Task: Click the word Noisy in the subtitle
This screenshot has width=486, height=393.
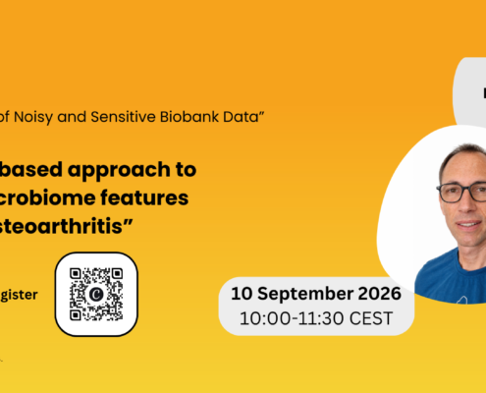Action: click(x=33, y=117)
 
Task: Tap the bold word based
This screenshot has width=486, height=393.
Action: click(x=30, y=169)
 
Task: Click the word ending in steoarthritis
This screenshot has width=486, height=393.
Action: click(x=66, y=226)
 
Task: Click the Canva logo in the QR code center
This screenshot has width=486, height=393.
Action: click(x=96, y=294)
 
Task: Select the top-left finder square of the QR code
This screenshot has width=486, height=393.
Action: click(x=76, y=273)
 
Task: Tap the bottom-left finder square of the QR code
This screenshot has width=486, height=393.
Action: click(x=76, y=315)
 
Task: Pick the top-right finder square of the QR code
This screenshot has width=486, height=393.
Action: click(x=117, y=273)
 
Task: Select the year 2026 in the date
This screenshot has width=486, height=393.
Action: click(x=379, y=294)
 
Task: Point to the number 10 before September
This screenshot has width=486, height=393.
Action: click(x=242, y=294)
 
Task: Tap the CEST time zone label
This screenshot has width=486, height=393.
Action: click(x=371, y=318)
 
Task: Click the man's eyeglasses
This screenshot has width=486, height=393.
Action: click(x=461, y=193)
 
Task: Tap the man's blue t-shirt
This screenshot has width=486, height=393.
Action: click(x=452, y=277)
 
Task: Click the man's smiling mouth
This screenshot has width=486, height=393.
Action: click(x=469, y=224)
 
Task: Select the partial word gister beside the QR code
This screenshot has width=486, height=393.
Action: click(x=19, y=295)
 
